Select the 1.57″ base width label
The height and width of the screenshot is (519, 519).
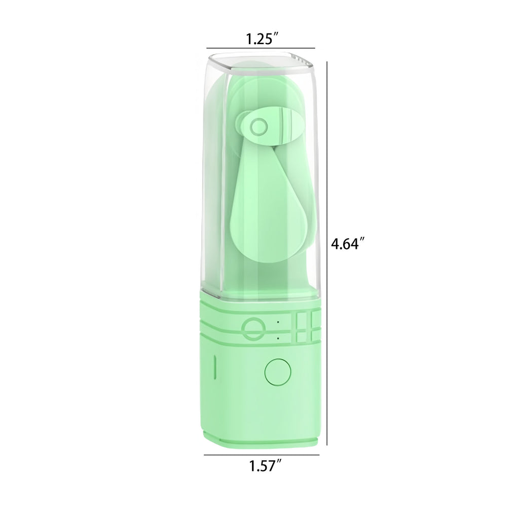coord(265,466)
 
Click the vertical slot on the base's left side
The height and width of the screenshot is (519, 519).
coord(215,367)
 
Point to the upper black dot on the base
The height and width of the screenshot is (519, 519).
coord(278,322)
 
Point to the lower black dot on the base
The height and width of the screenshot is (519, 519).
coord(278,338)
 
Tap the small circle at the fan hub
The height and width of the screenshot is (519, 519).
coord(258,126)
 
